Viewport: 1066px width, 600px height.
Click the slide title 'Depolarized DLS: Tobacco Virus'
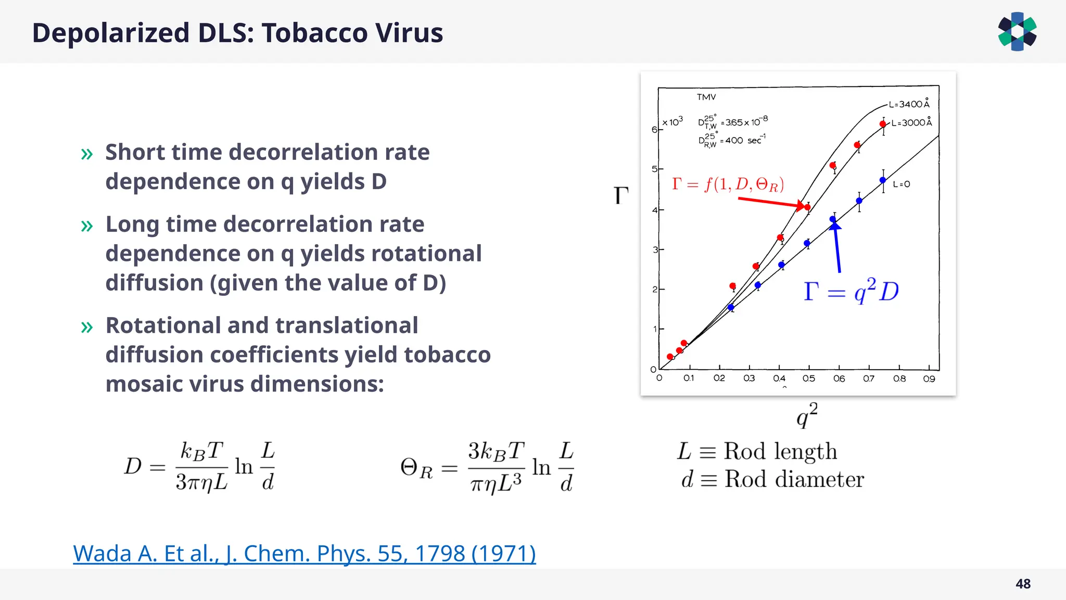point(237,33)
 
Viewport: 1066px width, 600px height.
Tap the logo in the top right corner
point(1017,32)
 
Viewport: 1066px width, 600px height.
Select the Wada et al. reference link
point(304,553)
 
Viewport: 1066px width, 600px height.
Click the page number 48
point(1023,584)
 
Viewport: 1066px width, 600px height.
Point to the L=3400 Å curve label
point(909,104)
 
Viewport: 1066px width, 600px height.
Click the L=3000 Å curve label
point(911,123)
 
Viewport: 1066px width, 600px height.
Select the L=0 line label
point(902,184)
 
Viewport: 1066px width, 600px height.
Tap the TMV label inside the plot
point(706,97)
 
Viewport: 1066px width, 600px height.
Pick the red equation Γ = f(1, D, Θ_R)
point(728,184)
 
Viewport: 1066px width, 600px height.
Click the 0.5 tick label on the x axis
point(808,379)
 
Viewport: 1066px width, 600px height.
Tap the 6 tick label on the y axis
point(654,129)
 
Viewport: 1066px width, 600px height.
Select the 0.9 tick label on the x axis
point(929,379)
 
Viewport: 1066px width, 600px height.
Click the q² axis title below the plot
point(807,415)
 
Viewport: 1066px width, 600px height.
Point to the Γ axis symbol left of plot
point(621,196)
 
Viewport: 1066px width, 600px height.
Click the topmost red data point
point(883,124)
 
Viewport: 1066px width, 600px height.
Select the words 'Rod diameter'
point(794,479)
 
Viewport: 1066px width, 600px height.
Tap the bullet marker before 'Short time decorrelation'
point(87,154)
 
